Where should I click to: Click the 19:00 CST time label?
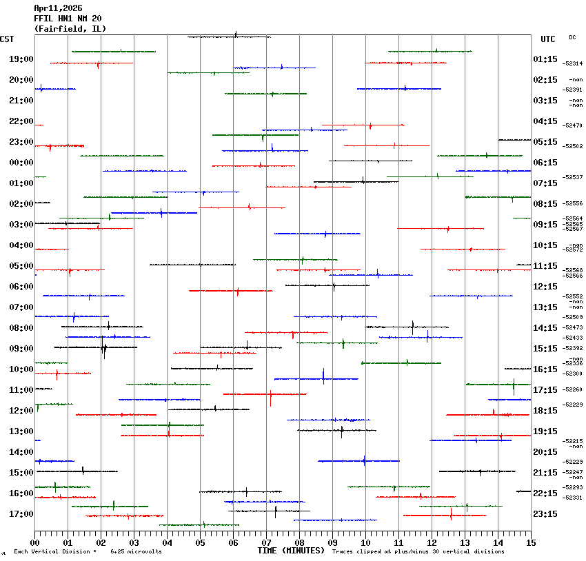tap(21, 59)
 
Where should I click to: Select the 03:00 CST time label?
tap(21, 225)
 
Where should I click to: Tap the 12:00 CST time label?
tap(21, 411)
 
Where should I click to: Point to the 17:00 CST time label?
tap(21, 514)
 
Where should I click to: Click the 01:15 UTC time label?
tap(545, 59)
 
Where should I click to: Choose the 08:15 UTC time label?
tap(545, 204)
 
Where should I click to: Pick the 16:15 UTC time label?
tap(545, 369)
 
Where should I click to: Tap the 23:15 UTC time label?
tap(545, 514)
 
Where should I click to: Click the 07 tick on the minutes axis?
tap(266, 542)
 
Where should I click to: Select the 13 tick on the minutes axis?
tap(465, 542)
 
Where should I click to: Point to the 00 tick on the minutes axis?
tap(34, 542)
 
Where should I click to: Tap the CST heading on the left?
tap(8, 39)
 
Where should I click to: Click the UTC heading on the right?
tap(548, 39)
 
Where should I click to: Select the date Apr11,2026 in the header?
tap(58, 8)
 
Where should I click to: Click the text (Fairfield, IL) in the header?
tap(70, 29)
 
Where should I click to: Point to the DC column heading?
tap(572, 37)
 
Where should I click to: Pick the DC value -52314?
tap(573, 63)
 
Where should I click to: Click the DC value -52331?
tap(573, 498)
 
